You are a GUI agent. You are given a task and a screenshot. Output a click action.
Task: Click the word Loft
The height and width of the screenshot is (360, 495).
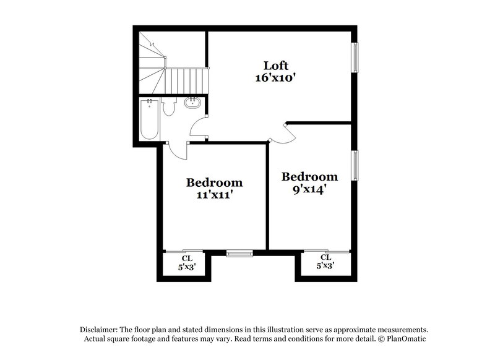276,66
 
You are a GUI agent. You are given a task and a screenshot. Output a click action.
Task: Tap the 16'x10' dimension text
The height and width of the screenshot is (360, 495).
276,78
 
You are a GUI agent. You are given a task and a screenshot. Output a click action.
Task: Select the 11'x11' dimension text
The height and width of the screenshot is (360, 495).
214,195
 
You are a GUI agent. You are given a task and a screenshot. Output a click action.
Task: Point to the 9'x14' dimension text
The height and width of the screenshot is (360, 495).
309,189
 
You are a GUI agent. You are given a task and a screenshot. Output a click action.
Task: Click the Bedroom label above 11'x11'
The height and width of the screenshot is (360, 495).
214,183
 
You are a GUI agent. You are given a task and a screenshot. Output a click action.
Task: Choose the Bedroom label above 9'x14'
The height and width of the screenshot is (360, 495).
309,177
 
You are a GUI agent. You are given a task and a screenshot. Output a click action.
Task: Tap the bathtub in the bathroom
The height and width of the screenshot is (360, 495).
148,119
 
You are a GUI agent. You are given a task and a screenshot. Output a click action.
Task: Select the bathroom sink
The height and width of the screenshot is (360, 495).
192,103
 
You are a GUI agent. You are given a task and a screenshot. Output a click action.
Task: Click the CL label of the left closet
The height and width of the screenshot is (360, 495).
187,259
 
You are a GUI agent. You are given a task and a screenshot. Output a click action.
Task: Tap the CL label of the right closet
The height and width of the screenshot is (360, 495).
325,257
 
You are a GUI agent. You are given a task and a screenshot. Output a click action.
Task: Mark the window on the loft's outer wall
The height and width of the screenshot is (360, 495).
355,58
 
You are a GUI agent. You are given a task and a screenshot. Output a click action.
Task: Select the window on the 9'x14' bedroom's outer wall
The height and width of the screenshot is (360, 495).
355,166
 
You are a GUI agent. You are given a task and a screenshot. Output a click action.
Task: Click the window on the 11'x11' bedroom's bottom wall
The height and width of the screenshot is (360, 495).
239,252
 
